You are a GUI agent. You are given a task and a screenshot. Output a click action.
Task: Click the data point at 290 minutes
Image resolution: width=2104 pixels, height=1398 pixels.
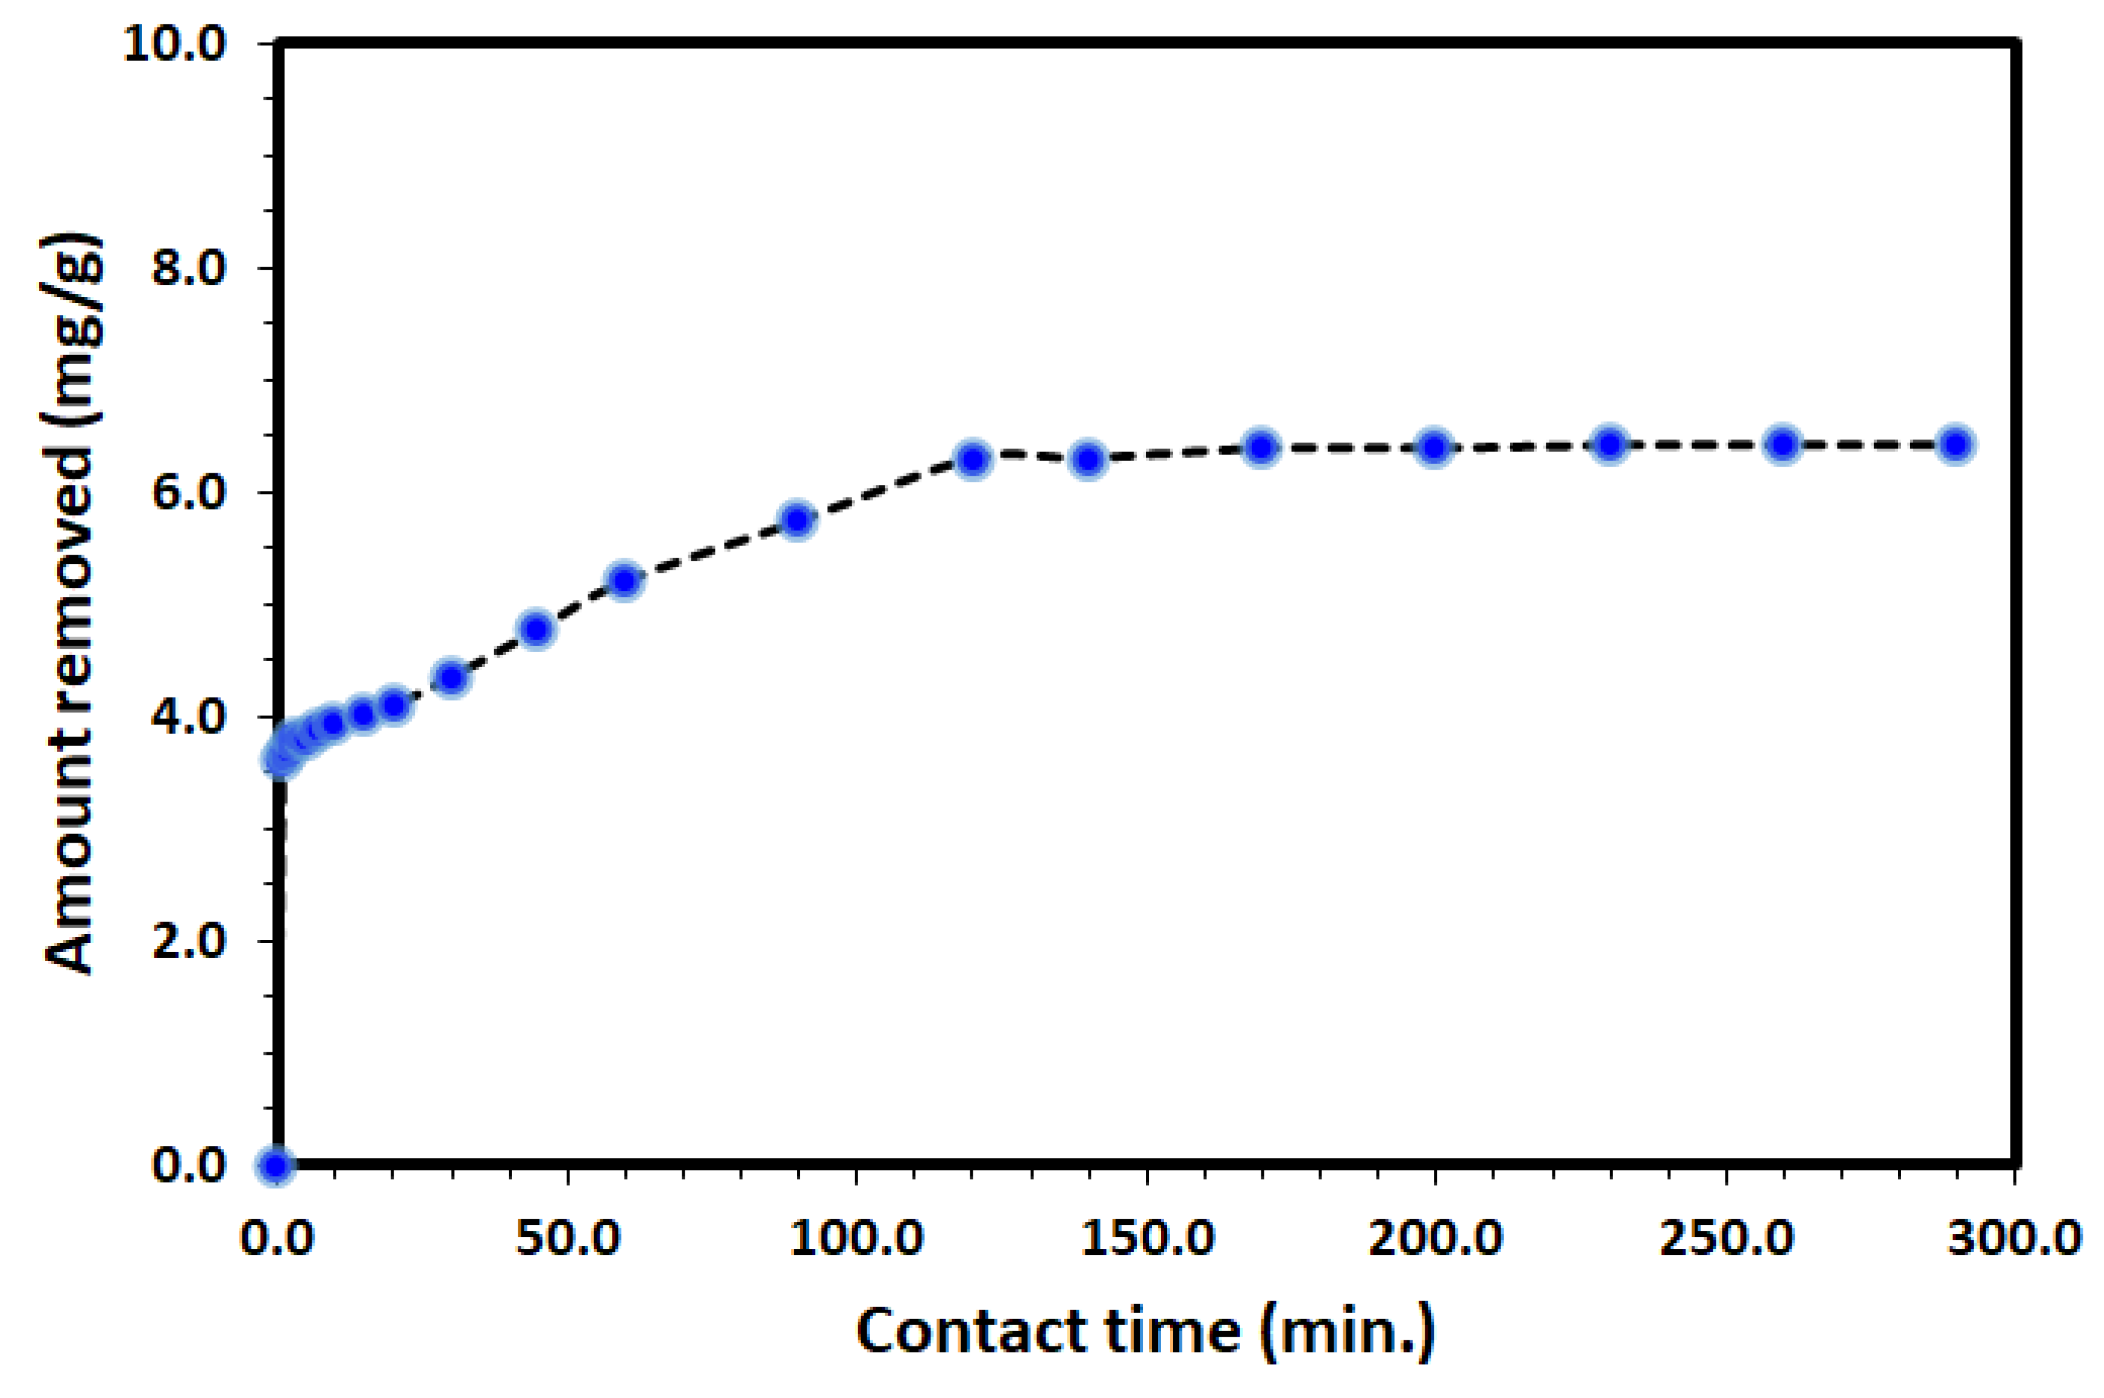[x=1955, y=444]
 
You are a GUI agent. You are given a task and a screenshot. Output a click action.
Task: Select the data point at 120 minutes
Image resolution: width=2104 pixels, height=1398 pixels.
[x=973, y=459]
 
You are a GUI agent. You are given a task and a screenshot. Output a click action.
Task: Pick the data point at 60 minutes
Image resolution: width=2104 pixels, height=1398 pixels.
[x=624, y=580]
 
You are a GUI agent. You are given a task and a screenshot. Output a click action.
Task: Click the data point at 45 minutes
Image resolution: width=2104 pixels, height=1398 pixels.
[x=536, y=629]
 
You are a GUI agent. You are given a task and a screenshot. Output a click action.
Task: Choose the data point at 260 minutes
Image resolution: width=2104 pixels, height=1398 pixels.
[x=1782, y=444]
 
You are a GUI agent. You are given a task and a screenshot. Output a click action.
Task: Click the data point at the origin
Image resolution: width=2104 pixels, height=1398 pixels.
[x=276, y=1165]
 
